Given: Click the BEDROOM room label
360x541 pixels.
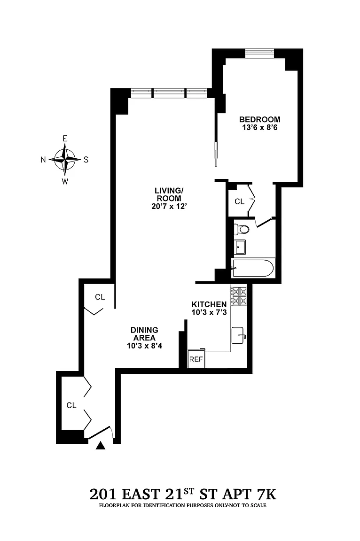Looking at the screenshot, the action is pos(259,119).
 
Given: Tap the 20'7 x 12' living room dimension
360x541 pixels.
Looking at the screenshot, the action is pos(169,207).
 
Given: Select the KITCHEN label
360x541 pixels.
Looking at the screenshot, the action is pos(209,304).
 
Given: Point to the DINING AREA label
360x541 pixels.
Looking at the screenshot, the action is pos(144,334).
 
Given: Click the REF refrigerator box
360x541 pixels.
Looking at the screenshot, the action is pos(196,359).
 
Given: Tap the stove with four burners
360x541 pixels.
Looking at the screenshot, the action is pos(239,297).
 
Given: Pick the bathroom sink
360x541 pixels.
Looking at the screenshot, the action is pos(240,247).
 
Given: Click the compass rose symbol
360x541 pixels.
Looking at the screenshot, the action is pos(64,159).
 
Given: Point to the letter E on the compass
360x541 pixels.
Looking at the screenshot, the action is pos(64,139).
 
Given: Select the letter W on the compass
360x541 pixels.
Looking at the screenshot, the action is pos(65,181).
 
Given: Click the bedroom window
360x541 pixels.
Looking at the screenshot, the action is pos(259,54).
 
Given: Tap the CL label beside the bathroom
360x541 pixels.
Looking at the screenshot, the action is pos(240,201).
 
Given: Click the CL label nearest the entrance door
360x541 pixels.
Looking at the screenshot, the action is pos(71,405).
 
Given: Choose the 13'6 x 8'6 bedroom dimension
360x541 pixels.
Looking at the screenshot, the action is pos(260,128).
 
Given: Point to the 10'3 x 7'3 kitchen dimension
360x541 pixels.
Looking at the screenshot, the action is pos(209,313).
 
